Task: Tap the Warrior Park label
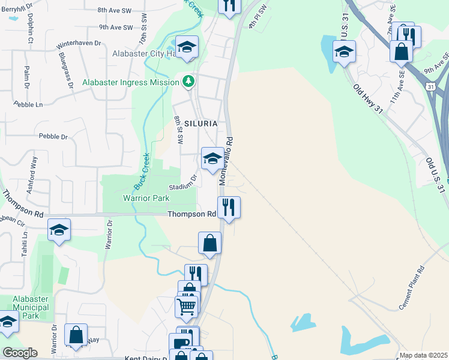pos(146,197)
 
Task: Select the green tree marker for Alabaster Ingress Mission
pos(189,81)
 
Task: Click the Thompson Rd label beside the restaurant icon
pos(191,214)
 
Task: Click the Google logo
pos(20,353)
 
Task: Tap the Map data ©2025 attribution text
pos(423,355)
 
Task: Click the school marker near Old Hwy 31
pos(344,52)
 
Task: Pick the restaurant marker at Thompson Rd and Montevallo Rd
pos(229,208)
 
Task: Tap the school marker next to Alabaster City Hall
pos(187,47)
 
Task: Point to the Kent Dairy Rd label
pos(144,358)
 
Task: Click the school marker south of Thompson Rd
pos(59,230)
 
